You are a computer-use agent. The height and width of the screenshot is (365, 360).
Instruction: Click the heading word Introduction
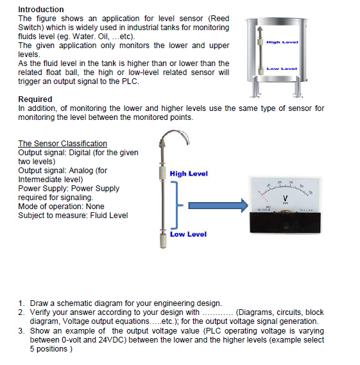41,9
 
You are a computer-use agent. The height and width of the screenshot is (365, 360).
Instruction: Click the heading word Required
35,99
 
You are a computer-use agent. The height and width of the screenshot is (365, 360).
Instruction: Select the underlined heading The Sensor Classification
62,143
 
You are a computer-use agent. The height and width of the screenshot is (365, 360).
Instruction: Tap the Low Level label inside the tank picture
282,67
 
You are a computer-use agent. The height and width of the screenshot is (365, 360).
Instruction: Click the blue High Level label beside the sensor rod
189,174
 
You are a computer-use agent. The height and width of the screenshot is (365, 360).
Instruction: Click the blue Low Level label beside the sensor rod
188,234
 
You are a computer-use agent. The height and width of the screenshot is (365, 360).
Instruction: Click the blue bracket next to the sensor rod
178,205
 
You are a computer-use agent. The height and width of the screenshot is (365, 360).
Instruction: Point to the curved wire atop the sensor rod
170,138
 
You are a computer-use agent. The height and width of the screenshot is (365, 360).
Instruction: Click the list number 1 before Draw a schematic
21,303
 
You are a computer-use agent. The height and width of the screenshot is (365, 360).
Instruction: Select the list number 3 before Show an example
21,331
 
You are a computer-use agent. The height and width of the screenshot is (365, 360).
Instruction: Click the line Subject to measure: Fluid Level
73,216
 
